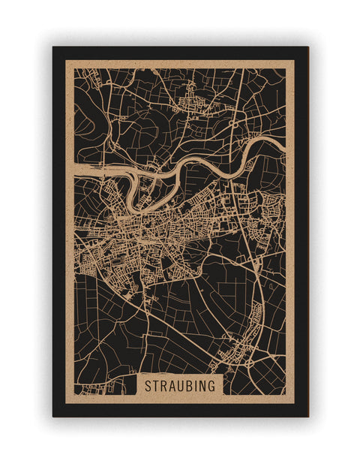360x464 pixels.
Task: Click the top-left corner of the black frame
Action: click(53, 47)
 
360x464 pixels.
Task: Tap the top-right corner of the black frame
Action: click(307, 47)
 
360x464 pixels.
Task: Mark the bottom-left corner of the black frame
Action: click(53, 416)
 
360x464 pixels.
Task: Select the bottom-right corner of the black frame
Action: click(307, 416)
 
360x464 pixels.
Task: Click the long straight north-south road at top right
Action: click(238, 98)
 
